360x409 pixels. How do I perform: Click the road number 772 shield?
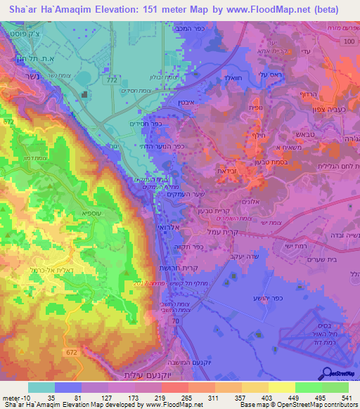point(112,82)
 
